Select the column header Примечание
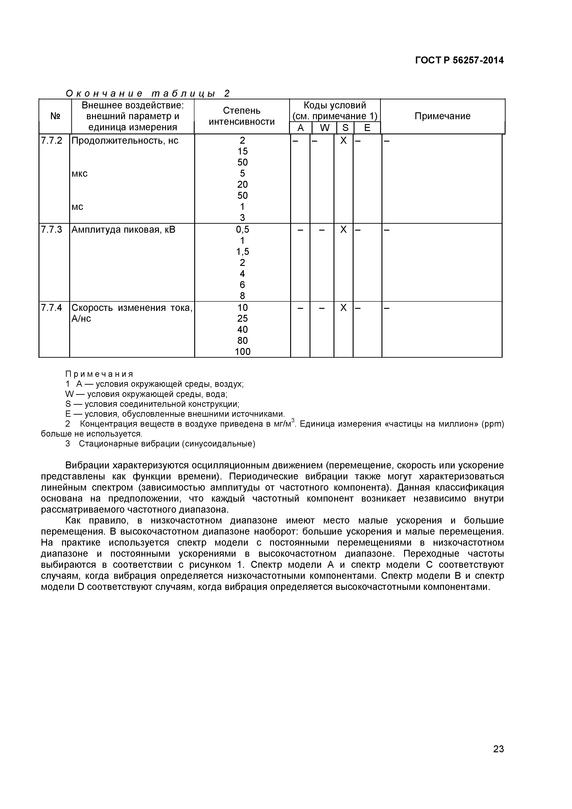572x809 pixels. pos(442,116)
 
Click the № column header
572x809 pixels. pos(55,116)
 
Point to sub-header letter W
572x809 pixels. pos(325,128)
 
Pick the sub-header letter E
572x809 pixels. pos(367,128)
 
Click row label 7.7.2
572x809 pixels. pos(51,141)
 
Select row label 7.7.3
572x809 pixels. pos(51,230)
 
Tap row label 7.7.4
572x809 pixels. pos(51,308)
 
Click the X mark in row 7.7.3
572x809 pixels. pos(343,230)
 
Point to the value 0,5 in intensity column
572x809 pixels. pos(242,230)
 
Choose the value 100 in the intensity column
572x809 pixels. pos(242,352)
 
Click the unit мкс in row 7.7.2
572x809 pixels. pos(80,174)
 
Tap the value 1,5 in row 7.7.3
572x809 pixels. pos(242,252)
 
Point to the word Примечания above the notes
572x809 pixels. pos(99,374)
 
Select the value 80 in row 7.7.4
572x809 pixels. pos(242,340)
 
